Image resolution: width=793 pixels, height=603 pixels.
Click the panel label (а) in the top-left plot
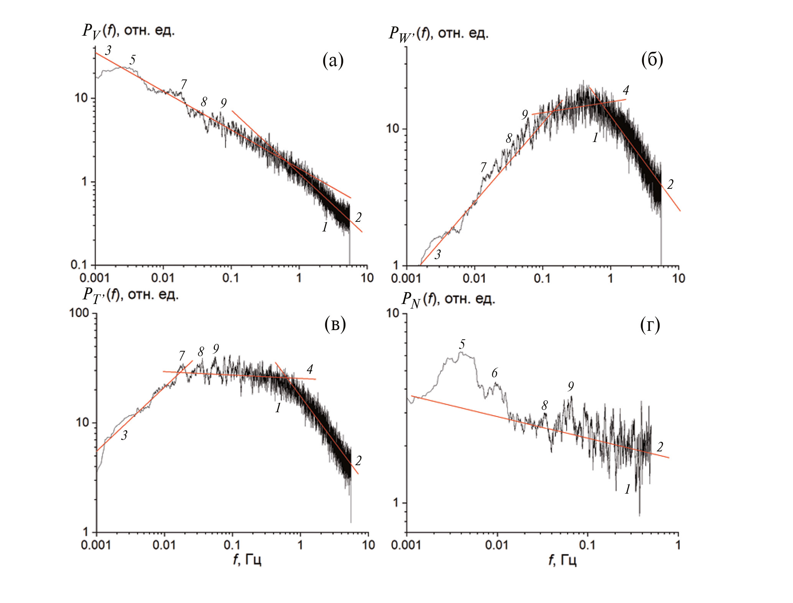[x=333, y=61]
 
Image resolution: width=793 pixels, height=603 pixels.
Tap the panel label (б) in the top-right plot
[x=652, y=60]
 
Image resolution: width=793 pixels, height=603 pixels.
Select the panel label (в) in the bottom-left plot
[x=335, y=324]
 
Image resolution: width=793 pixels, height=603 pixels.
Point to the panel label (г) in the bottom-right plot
[x=650, y=325]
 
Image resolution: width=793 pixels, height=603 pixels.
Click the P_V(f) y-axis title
[x=129, y=31]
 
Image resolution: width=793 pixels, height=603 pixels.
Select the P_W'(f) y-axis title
[x=438, y=34]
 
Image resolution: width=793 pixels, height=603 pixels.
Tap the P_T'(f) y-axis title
[x=130, y=295]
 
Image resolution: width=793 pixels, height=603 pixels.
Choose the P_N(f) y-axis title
[x=448, y=299]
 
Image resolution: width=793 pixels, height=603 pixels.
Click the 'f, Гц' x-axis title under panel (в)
[x=247, y=560]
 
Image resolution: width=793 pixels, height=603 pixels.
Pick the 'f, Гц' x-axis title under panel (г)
[x=562, y=560]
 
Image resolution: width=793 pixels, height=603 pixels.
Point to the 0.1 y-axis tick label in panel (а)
[x=79, y=264]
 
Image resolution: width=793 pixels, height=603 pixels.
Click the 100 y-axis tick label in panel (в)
[x=79, y=313]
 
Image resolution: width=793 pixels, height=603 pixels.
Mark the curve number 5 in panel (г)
[x=462, y=344]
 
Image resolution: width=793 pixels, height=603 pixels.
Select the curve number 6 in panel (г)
[x=495, y=373]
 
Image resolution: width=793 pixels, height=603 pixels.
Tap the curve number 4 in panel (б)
[x=626, y=90]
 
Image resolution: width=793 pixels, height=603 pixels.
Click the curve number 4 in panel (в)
[x=310, y=369]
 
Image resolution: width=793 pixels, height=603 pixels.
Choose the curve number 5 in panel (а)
[x=132, y=60]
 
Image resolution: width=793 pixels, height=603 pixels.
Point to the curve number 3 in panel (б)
[x=437, y=254]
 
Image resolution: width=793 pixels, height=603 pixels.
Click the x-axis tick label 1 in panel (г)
[x=678, y=545]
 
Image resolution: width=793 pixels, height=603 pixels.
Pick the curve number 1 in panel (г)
[x=627, y=489]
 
